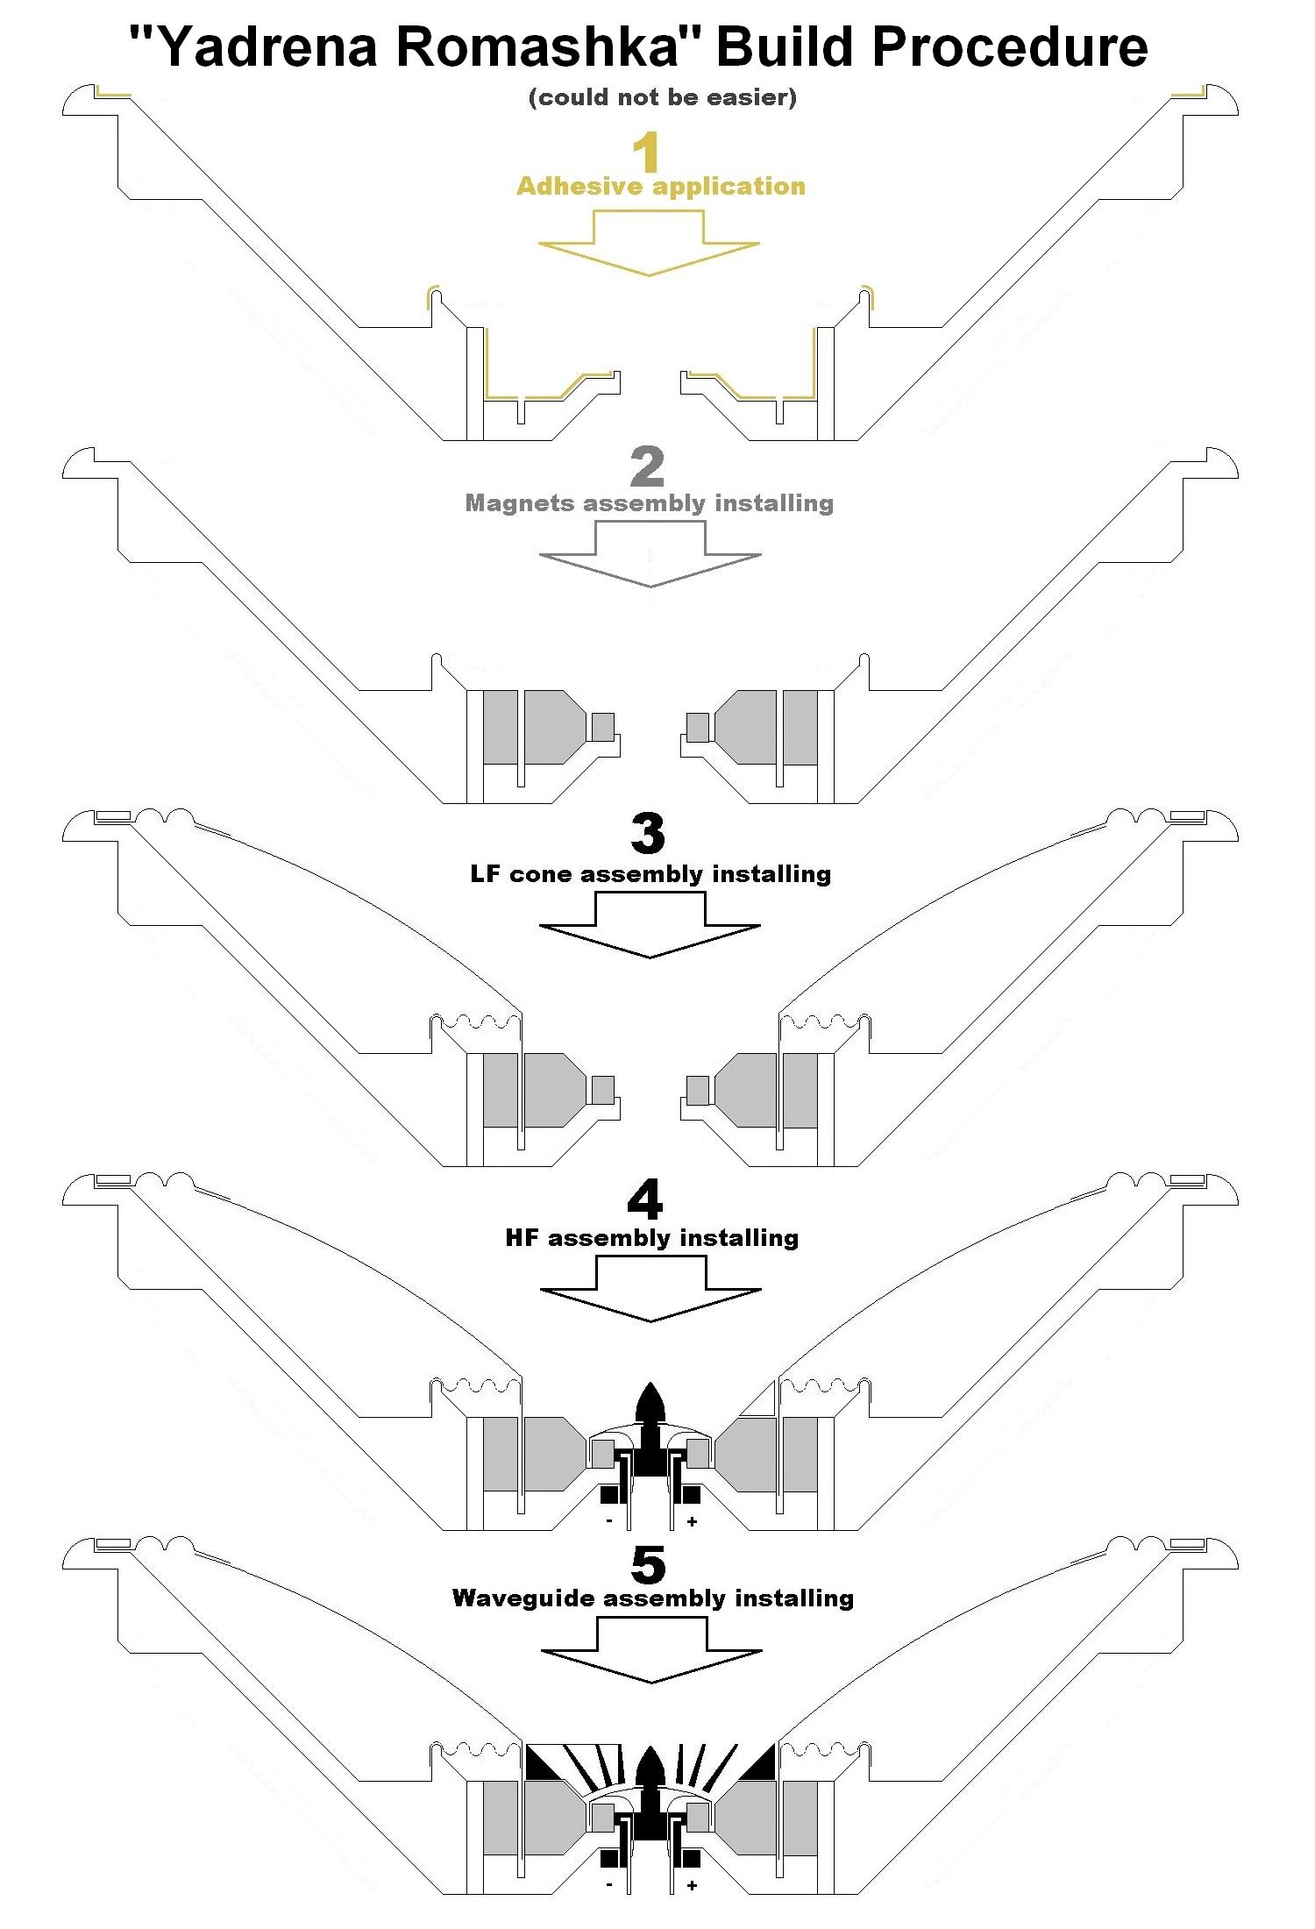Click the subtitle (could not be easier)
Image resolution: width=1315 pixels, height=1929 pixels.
tap(663, 97)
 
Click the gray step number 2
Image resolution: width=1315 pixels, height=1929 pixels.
tap(648, 468)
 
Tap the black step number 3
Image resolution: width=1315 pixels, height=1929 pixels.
tap(648, 834)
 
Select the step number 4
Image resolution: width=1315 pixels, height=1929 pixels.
tap(646, 1199)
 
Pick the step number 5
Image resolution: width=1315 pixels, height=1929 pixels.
tap(648, 1563)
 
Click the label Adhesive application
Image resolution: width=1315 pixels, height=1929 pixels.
tap(660, 186)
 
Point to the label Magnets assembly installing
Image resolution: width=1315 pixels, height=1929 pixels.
tap(649, 503)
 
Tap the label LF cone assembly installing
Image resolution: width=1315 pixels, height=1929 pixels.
tap(650, 874)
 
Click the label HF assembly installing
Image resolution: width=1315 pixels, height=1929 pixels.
tap(652, 1238)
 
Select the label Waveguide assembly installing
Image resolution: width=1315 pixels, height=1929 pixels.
tap(652, 1598)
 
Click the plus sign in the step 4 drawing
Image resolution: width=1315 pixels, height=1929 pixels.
tap(693, 1522)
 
